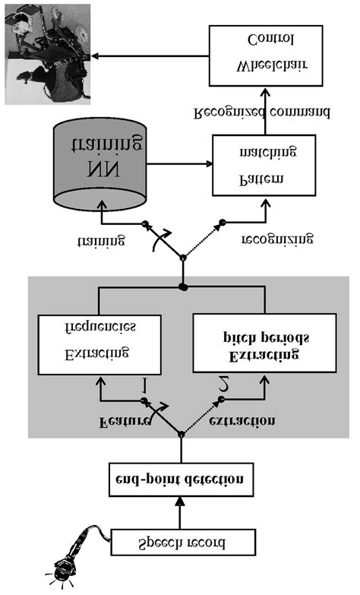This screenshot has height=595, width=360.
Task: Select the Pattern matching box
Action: pyautogui.click(x=263, y=164)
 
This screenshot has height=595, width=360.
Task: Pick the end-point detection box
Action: pyautogui.click(x=180, y=480)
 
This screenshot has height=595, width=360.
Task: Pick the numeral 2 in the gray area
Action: pyautogui.click(x=223, y=385)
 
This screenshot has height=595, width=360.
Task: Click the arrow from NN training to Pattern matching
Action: pyautogui.click(x=179, y=163)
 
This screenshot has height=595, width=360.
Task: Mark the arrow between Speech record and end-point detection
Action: pyautogui.click(x=180, y=512)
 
